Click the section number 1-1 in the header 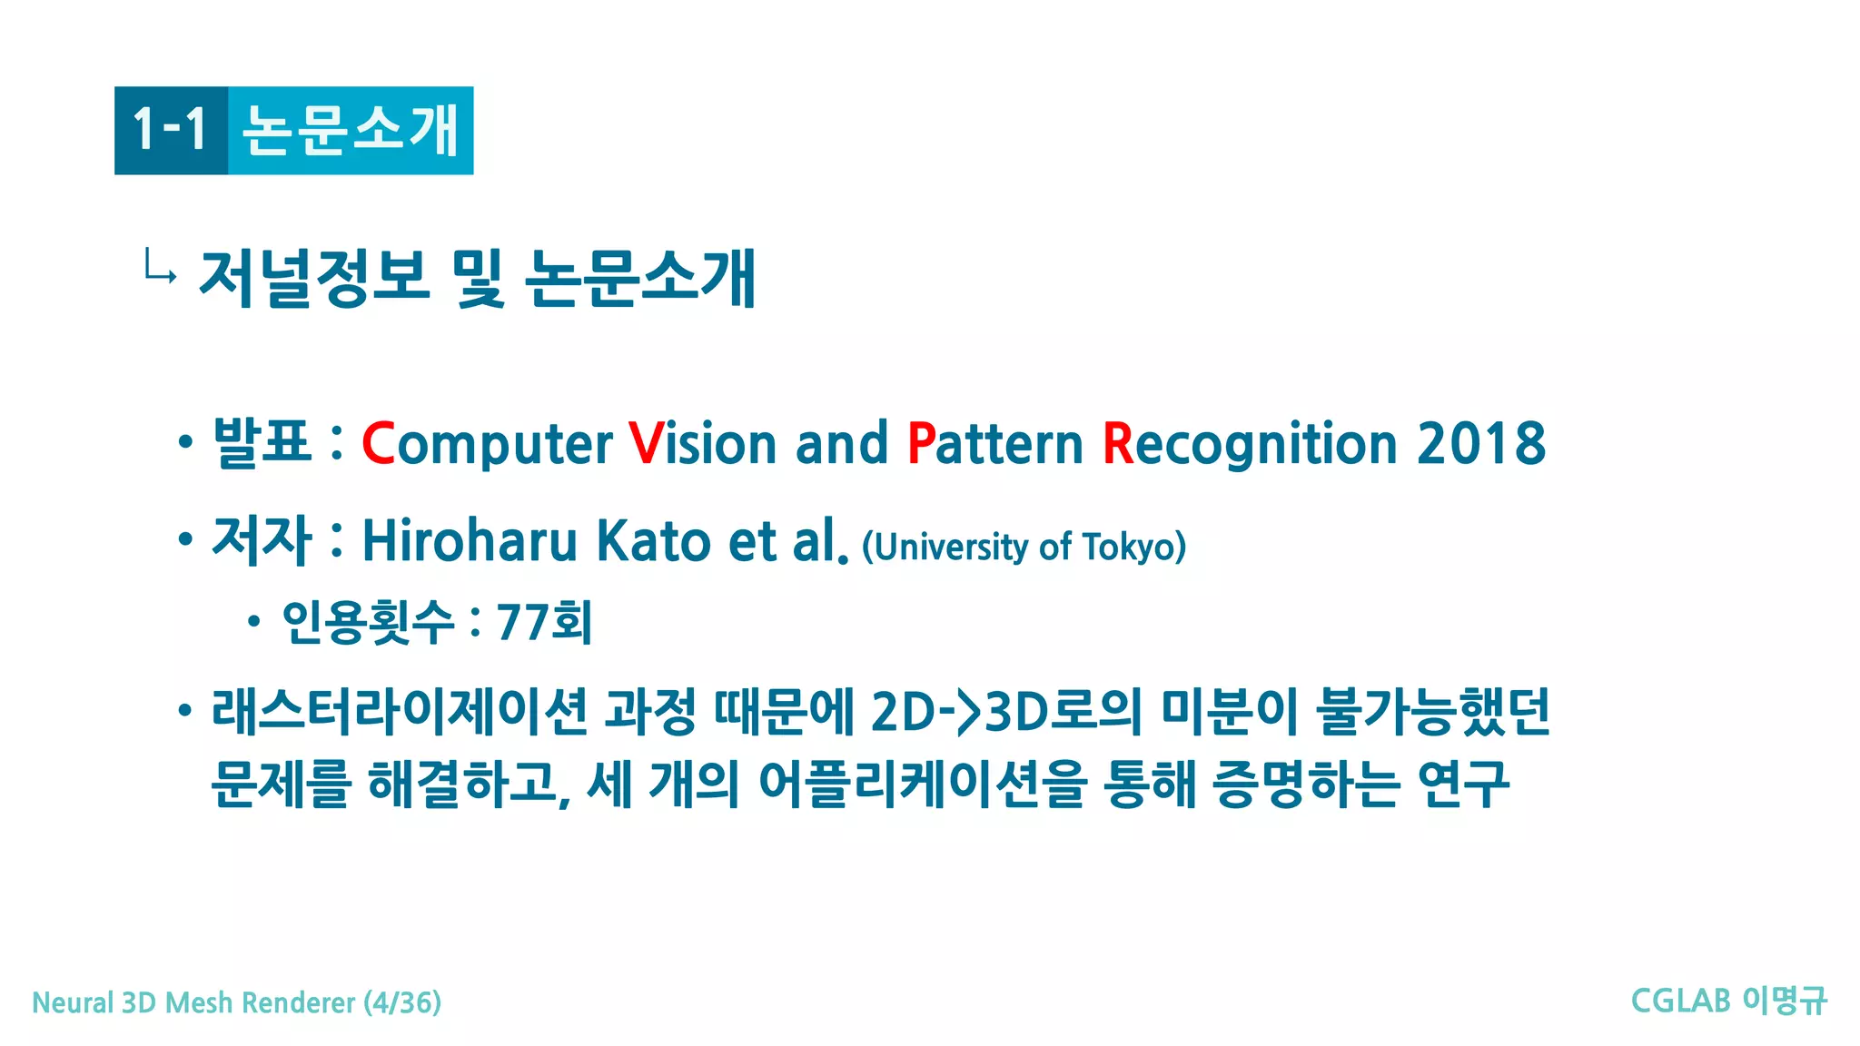tap(170, 130)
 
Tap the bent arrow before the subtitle tap(160, 267)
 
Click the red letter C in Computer tap(378, 444)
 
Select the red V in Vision tap(646, 444)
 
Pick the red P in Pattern tap(921, 444)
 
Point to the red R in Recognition tap(1118, 444)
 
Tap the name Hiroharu tap(470, 541)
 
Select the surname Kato tap(653, 541)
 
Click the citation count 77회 tap(544, 623)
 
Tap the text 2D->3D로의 tap(1005, 711)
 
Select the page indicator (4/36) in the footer tap(402, 1002)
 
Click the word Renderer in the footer tap(299, 1002)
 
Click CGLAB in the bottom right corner tap(1680, 1001)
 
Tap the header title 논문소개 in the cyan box tap(351, 130)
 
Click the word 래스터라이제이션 tap(400, 711)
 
